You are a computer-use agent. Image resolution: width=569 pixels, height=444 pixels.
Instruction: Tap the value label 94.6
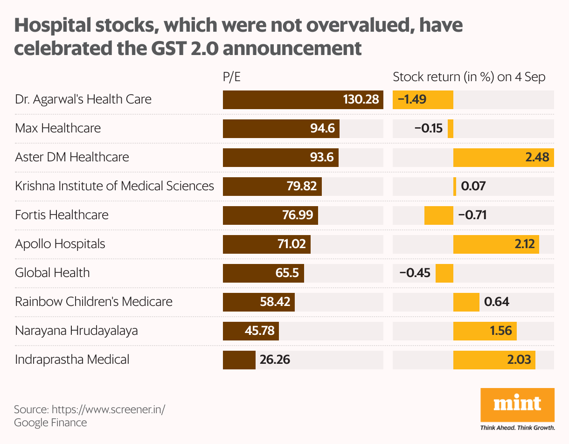pos(323,128)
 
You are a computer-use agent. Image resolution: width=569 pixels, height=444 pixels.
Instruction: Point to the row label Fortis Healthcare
pos(62,215)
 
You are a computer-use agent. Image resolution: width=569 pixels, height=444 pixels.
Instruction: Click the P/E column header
pos(232,77)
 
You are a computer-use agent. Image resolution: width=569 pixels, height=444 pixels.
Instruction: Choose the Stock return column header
pos(469,77)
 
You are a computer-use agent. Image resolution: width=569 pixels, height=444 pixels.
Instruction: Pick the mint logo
pos(517,404)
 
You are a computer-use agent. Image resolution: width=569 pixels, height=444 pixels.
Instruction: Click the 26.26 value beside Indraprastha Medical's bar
pos(275,360)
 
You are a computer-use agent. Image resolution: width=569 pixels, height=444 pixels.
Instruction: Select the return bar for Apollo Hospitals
pos(496,244)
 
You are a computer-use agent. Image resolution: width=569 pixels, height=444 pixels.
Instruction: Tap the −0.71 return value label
pos(472,215)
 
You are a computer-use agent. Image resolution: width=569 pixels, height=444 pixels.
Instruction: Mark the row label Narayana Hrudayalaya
pos(76,331)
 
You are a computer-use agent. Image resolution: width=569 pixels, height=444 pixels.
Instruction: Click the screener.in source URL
pos(108,410)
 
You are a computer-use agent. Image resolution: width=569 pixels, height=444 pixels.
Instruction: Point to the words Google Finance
pos(50,423)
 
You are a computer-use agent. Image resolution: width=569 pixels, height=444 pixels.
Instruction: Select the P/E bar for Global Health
pos(263,273)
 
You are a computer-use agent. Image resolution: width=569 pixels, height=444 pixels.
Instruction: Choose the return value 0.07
pos(473,187)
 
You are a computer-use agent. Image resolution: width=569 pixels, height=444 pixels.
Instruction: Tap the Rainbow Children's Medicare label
pos(94,302)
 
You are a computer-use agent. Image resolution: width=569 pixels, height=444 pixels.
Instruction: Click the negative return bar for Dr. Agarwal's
pos(423,100)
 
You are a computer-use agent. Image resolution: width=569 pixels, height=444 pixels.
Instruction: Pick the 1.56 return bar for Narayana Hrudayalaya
pos(485,331)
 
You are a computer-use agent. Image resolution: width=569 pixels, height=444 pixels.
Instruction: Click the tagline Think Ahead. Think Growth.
pos(517,427)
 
